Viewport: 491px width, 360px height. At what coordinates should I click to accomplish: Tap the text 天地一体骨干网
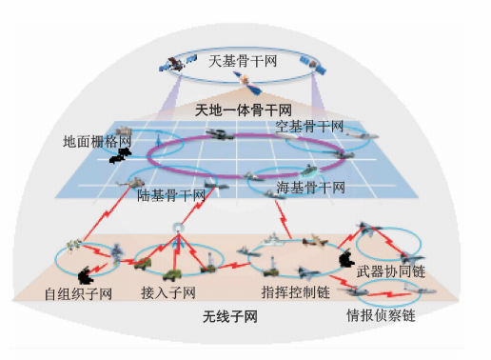(x=245, y=110)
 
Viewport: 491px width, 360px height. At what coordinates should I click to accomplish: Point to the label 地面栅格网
(x=94, y=141)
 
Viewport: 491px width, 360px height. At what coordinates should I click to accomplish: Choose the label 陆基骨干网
(x=172, y=194)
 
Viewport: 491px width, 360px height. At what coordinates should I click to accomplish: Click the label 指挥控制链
(x=293, y=290)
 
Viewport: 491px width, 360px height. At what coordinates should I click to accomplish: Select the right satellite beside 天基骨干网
(x=309, y=65)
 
